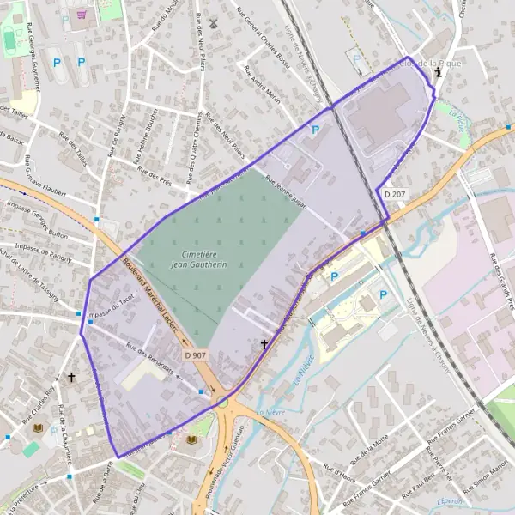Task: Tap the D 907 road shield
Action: click(x=193, y=354)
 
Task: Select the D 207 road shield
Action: click(x=394, y=195)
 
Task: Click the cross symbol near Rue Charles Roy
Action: click(x=72, y=377)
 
